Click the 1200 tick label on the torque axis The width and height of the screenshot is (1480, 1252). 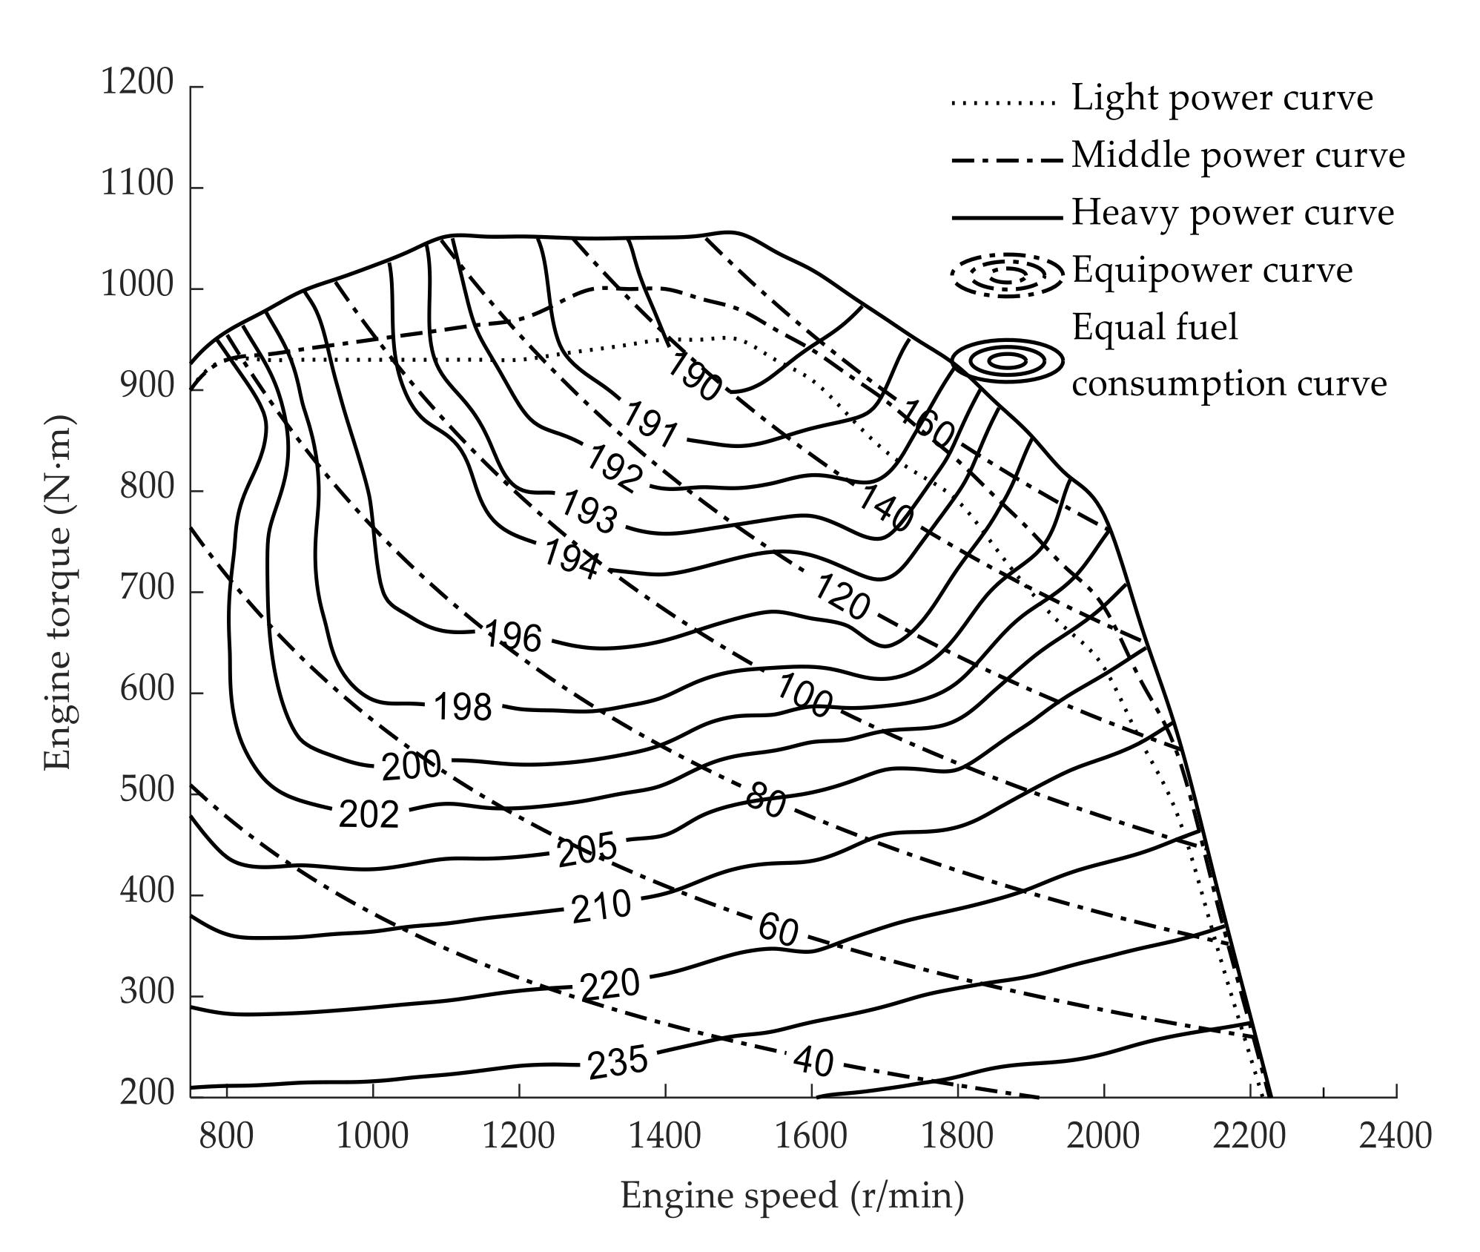[137, 83]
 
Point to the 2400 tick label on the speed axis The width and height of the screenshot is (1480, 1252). [1395, 1137]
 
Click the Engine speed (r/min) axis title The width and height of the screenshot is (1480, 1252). [792, 1196]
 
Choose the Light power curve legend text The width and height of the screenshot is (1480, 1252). [1222, 98]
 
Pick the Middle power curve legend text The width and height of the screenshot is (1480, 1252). [1238, 156]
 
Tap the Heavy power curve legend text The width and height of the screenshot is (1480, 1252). [1232, 213]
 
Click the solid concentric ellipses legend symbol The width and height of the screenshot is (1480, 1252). [1007, 361]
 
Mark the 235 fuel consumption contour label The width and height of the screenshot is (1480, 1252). [618, 1062]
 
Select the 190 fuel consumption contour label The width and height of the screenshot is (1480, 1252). [693, 377]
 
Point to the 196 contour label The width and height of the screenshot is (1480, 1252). [512, 636]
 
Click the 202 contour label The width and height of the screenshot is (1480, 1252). [369, 814]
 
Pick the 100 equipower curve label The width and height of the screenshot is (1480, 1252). [804, 697]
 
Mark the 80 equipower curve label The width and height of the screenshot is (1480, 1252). [765, 801]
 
